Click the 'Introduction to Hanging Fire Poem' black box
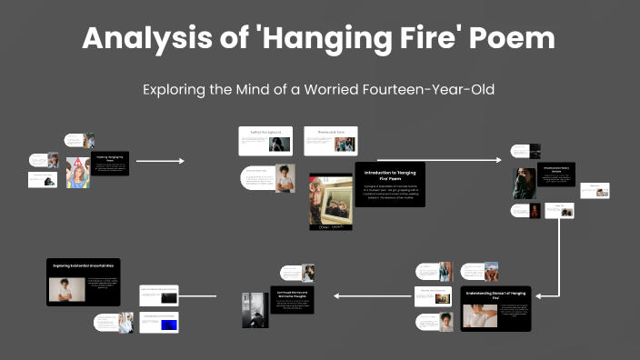click(x=389, y=184)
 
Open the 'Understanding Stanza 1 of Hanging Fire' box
click(x=495, y=308)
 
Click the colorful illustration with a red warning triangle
click(x=78, y=172)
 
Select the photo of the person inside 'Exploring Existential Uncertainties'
click(x=66, y=290)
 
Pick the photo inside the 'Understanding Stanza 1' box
click(x=481, y=315)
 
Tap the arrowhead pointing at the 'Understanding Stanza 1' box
click(x=536, y=295)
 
